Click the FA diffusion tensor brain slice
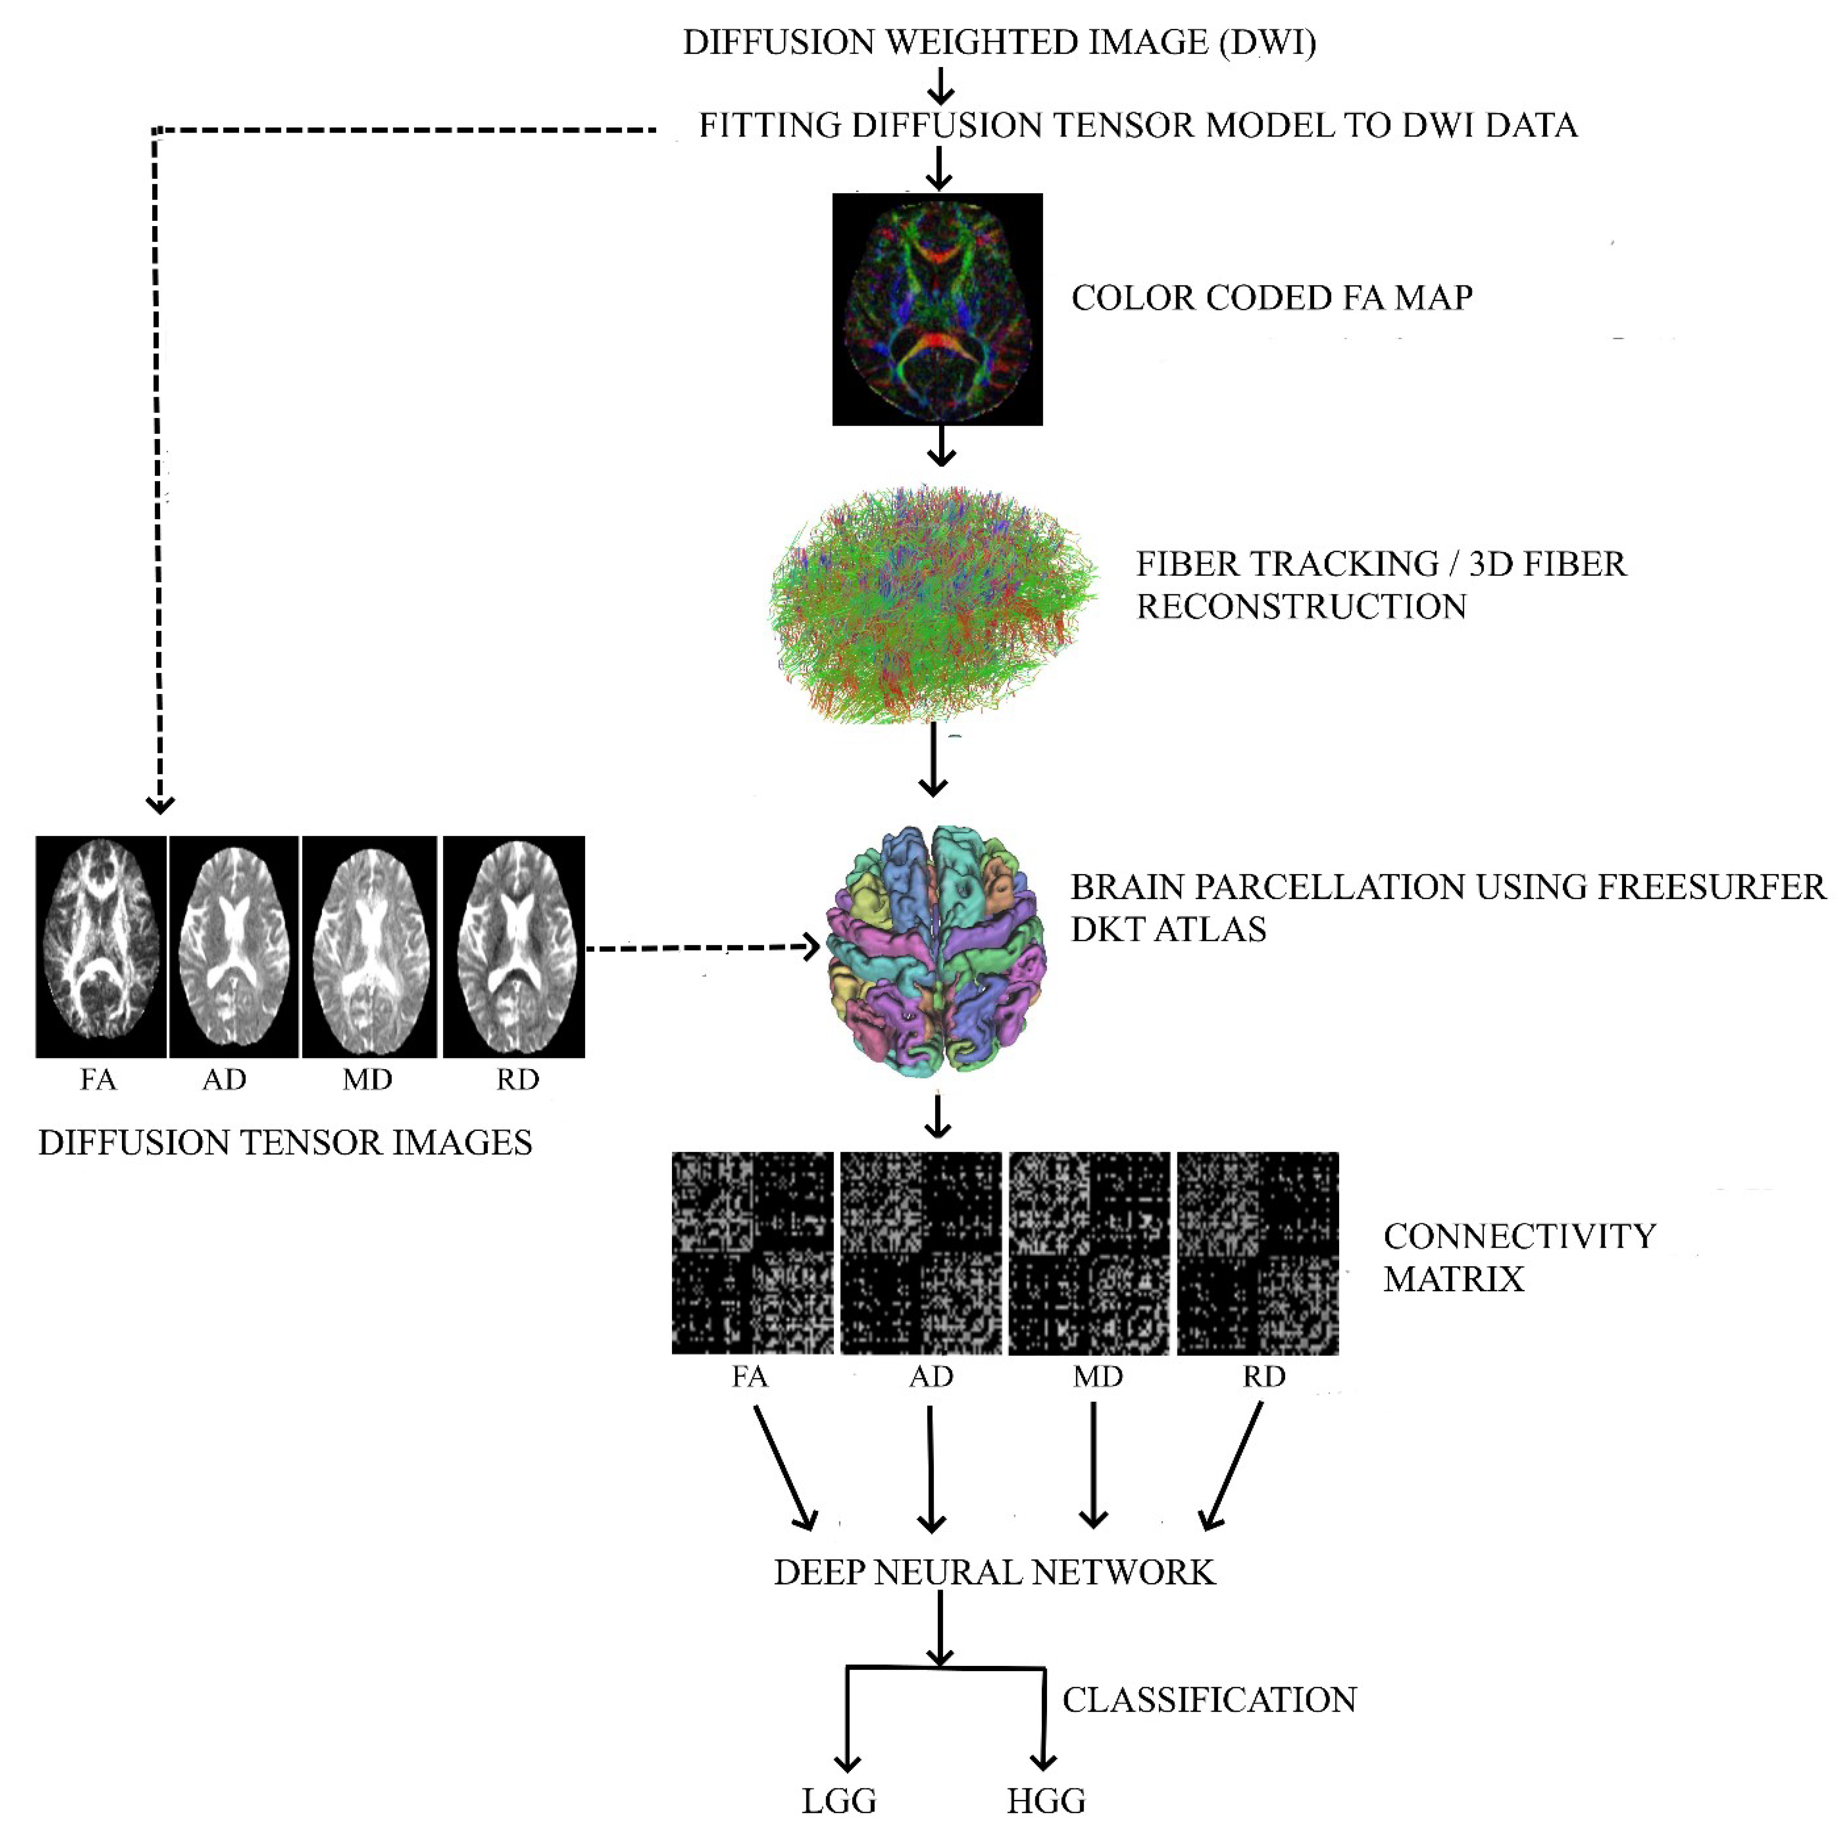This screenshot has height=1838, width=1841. [x=101, y=946]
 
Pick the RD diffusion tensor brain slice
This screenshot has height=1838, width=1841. [x=514, y=946]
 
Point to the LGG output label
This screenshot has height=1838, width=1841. [x=839, y=1801]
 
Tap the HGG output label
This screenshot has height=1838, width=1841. [x=1045, y=1801]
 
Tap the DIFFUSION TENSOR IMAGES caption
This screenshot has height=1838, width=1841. [x=285, y=1142]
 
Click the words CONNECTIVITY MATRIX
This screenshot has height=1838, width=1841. [x=1519, y=1257]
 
